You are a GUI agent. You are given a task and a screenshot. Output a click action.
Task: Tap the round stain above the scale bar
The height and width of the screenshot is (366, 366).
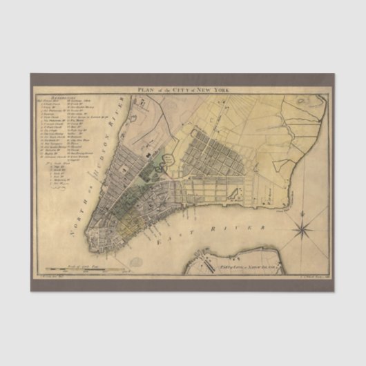(137, 262)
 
